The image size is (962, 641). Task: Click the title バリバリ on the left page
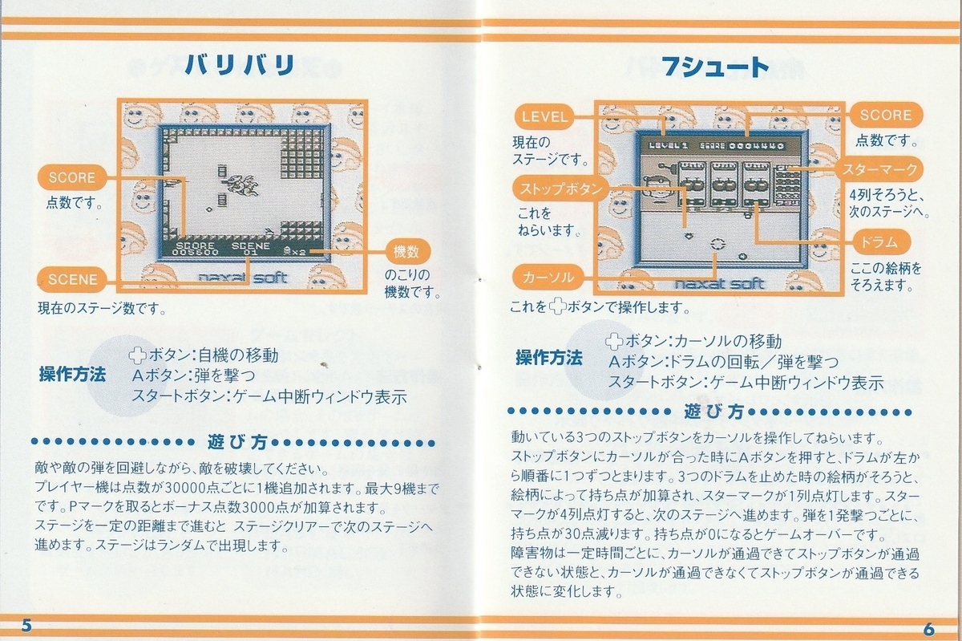pyautogui.click(x=240, y=65)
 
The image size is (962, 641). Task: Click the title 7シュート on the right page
pyautogui.click(x=715, y=67)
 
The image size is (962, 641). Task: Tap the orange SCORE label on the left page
pyautogui.click(x=71, y=177)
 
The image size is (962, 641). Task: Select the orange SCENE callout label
pyautogui.click(x=72, y=279)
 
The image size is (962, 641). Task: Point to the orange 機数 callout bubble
pyautogui.click(x=406, y=251)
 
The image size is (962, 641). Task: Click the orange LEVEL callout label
pyautogui.click(x=544, y=116)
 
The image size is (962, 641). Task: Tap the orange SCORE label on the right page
pyautogui.click(x=886, y=115)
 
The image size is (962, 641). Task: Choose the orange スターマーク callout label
pyautogui.click(x=879, y=169)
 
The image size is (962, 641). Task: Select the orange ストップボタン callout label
pyautogui.click(x=561, y=189)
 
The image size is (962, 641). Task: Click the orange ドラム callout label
pyautogui.click(x=880, y=242)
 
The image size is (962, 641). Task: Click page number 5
pyautogui.click(x=26, y=626)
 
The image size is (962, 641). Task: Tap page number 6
pyautogui.click(x=929, y=629)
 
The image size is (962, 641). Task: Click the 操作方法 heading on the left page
pyautogui.click(x=72, y=375)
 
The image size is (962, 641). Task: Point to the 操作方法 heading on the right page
pyautogui.click(x=549, y=358)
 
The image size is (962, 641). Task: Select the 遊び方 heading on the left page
pyautogui.click(x=237, y=442)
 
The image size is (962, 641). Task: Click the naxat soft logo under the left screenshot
pyautogui.click(x=243, y=278)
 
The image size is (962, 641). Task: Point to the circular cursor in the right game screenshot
pyautogui.click(x=717, y=244)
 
